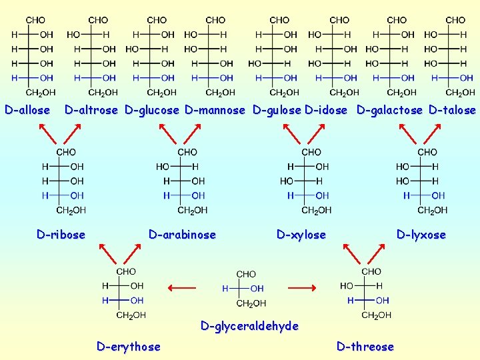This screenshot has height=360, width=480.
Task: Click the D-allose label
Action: [x=27, y=110]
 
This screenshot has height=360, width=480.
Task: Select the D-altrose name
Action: [x=91, y=110]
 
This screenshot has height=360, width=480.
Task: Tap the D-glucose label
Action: [x=152, y=110]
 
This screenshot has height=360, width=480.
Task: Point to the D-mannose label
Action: [x=215, y=110]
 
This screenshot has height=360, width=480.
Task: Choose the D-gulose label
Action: [x=277, y=110]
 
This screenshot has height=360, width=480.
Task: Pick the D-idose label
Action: [x=326, y=110]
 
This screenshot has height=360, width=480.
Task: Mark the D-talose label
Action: [x=452, y=110]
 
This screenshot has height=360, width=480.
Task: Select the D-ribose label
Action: [x=61, y=235]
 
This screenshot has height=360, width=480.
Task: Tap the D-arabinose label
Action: [x=182, y=235]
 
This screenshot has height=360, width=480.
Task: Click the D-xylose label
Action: [x=301, y=235]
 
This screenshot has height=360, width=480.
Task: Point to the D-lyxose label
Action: [x=421, y=235]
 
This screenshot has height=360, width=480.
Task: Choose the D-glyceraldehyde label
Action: [x=249, y=326]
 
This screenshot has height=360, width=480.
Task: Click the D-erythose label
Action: [x=128, y=347]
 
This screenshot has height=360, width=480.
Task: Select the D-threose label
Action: [x=365, y=347]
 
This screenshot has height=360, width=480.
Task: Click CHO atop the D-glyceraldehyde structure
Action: [x=246, y=274]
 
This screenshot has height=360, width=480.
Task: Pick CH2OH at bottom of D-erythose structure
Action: [x=131, y=315]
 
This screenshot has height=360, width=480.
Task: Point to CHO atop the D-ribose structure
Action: [x=66, y=153]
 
